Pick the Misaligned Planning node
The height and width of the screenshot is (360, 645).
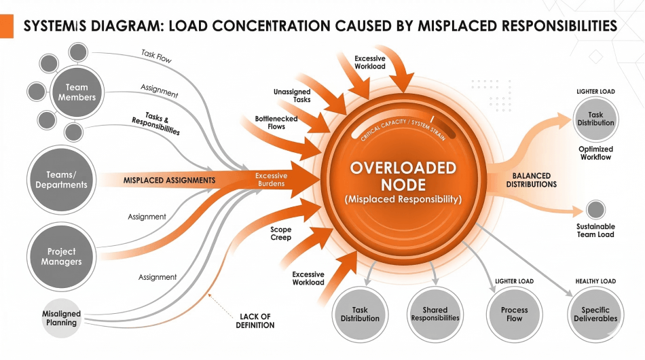tap(61, 317)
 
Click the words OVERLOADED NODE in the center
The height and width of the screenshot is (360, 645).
tap(403, 176)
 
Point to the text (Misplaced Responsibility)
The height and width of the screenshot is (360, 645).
tap(403, 200)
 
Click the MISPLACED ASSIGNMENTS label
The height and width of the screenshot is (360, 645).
tap(170, 181)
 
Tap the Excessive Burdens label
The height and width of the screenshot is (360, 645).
tap(272, 179)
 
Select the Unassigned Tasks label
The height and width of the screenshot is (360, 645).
tap(292, 96)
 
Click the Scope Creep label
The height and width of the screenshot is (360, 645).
tap(280, 234)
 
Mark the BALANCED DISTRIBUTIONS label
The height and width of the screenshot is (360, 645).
tap(531, 180)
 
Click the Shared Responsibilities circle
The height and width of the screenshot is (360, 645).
tap(436, 313)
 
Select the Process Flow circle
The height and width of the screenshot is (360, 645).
tap(515, 314)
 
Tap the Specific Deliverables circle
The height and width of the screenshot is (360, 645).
tap(595, 314)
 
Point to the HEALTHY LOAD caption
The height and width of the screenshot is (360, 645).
tap(595, 281)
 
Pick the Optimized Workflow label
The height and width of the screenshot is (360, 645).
tap(596, 154)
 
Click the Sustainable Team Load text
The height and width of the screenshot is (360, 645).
tap(595, 230)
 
